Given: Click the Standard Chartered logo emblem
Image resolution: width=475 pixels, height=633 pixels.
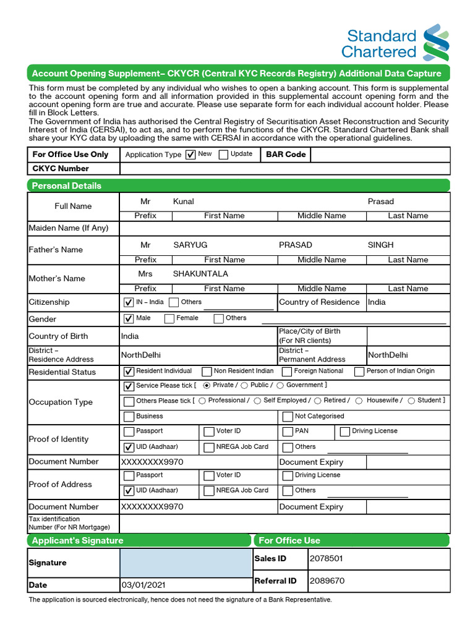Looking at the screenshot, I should point(435,43).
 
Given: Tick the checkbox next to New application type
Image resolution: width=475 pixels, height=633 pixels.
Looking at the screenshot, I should point(190,155).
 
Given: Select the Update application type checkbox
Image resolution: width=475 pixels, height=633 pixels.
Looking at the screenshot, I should point(223,155).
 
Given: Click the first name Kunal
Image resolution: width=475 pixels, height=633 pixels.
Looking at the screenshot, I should point(184,202).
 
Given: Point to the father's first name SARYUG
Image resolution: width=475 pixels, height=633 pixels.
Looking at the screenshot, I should point(190,245).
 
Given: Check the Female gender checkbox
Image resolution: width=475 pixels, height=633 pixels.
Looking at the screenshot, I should point(169,319).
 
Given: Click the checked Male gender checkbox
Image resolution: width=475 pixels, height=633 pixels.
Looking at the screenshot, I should point(129,319).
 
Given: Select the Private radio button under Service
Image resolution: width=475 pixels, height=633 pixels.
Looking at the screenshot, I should point(207,385).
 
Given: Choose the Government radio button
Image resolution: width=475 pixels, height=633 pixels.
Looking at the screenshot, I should point(280,385).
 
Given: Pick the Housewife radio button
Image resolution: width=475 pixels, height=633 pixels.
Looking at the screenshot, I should point(359,401).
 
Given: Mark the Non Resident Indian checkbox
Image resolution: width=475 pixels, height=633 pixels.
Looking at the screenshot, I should point(207,372).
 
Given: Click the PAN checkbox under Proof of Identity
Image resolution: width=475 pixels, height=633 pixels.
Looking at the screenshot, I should point(288,431).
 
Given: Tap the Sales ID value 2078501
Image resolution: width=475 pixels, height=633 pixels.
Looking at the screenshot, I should point(326,559).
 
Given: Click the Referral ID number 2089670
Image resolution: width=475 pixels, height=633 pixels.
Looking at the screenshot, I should point(327,581).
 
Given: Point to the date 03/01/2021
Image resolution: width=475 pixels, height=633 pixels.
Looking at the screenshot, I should point(143,585).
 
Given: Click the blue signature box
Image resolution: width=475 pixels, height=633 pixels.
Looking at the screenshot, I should point(186,563).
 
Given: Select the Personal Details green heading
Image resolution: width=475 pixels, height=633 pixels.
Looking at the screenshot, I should point(67,185).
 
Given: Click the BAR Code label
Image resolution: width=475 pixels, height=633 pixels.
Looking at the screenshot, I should point(286,155).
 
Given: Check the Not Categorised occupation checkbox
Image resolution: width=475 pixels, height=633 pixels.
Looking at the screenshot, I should point(288,417).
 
